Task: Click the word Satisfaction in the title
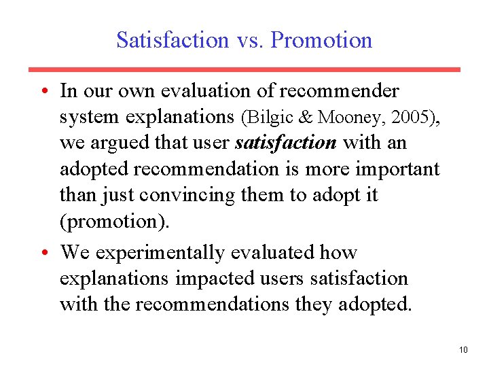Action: (x=173, y=39)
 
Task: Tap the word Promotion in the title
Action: (x=321, y=39)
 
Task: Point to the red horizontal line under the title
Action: (x=244, y=69)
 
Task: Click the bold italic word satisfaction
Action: (x=285, y=143)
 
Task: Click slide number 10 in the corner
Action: (x=463, y=350)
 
